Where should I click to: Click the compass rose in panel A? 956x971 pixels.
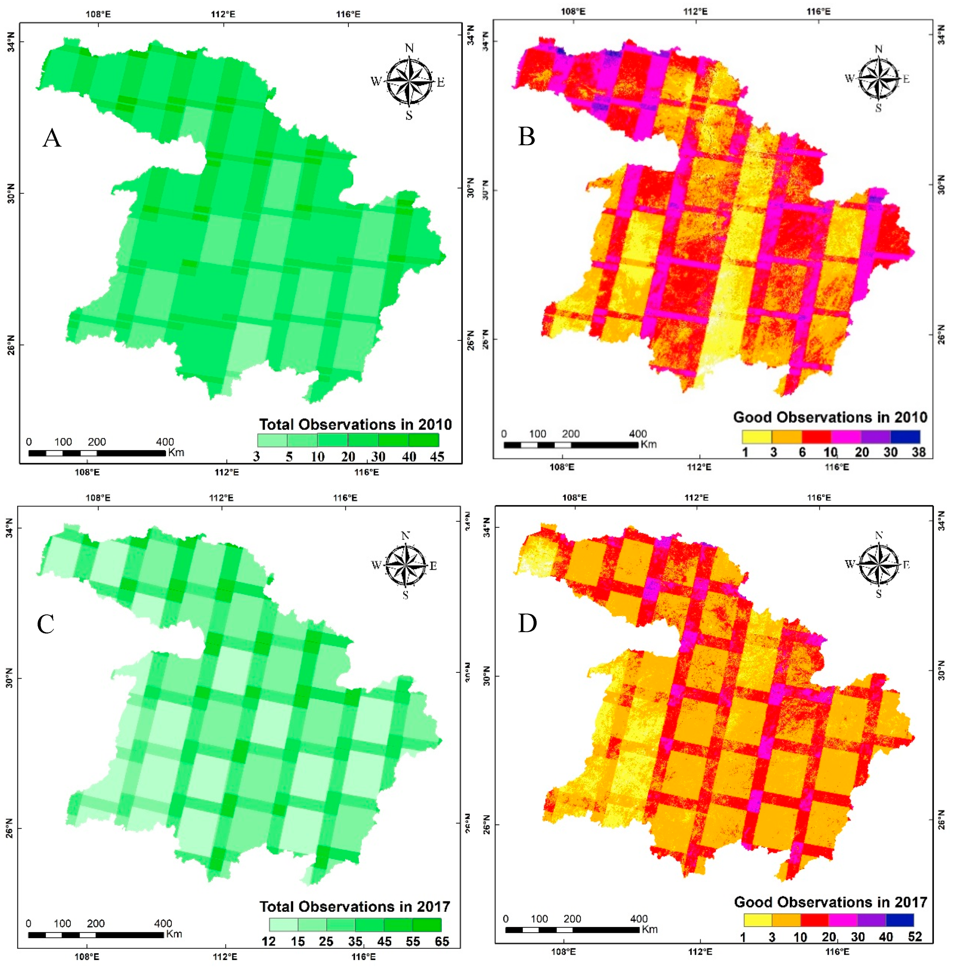tap(409, 82)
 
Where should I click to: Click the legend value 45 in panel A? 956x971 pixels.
tap(437, 456)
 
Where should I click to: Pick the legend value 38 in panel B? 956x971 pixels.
tap(918, 452)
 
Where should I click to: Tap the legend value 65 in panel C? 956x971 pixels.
tap(442, 941)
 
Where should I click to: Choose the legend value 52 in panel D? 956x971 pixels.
tap(915, 937)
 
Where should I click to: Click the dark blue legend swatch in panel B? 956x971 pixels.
tap(905, 437)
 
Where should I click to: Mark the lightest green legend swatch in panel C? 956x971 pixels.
tap(284, 925)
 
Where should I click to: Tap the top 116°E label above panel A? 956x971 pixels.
tap(348, 14)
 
